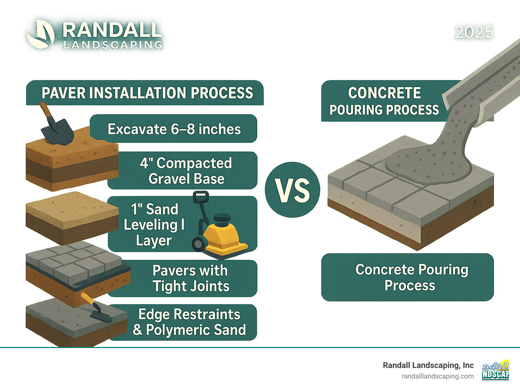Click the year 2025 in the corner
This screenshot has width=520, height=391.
[x=474, y=33]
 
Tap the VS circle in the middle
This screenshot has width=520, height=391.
[x=292, y=190]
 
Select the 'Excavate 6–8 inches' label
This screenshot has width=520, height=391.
[x=174, y=129]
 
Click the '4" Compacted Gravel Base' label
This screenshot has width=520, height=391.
[x=186, y=171]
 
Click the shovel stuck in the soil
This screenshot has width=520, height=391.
[x=56, y=129]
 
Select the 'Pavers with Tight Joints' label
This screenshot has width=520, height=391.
[x=191, y=278]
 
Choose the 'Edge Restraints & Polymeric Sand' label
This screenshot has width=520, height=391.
[x=189, y=322]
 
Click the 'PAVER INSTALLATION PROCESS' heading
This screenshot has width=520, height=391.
[x=147, y=93]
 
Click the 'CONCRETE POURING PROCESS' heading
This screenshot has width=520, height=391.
[x=384, y=101]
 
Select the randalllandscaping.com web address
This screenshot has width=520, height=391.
[x=437, y=376]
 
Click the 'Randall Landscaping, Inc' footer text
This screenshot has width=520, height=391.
[x=428, y=365]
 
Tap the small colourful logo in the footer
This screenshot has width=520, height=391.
[x=495, y=370]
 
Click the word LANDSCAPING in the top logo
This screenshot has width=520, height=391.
[x=113, y=45]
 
